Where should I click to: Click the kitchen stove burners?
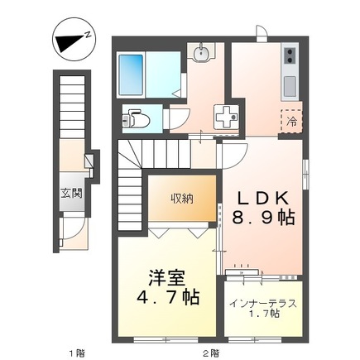coord(290,57)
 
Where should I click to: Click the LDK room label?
coord(263,199)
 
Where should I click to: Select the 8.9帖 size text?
coord(263,219)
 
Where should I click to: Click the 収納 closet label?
coord(182,199)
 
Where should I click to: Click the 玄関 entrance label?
coord(71,194)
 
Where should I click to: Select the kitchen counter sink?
coord(289,85)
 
